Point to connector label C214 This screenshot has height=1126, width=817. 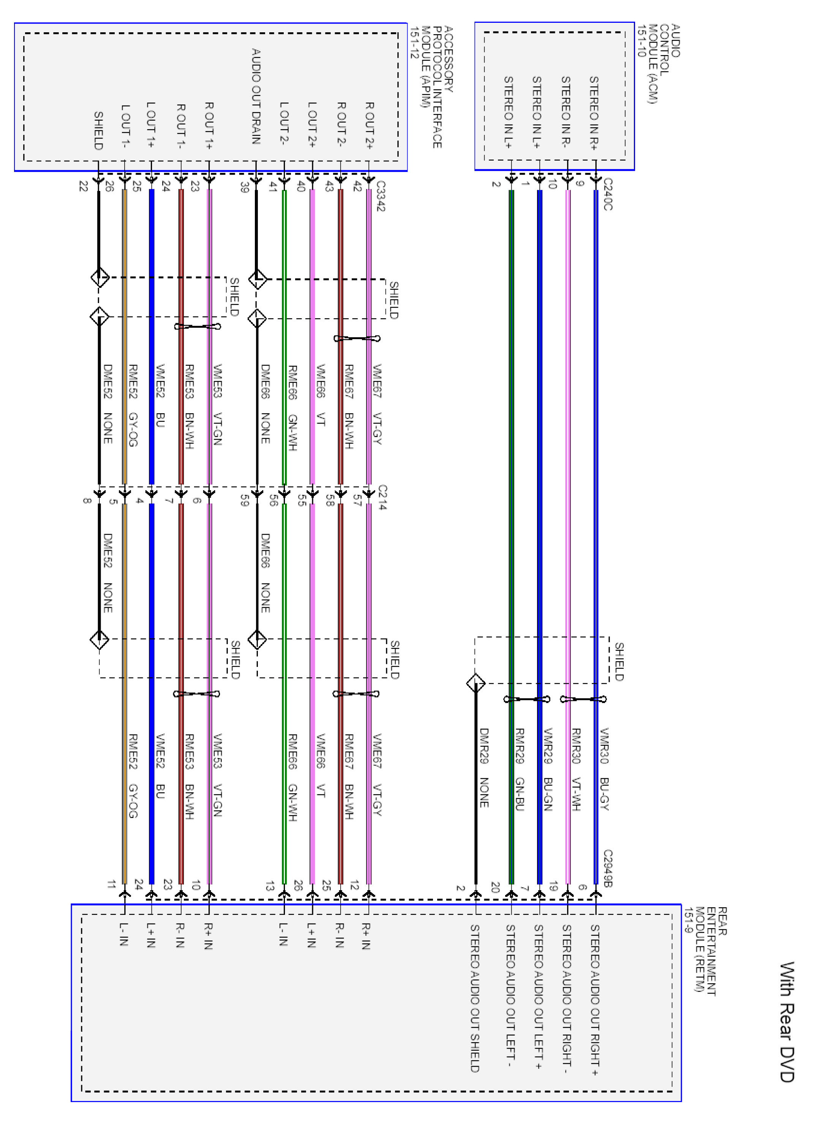click(382, 497)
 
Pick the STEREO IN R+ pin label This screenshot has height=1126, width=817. click(594, 113)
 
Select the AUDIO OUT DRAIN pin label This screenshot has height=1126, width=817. click(256, 96)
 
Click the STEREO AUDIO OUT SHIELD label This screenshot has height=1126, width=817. click(475, 998)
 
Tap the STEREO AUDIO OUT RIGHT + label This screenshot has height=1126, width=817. click(594, 1000)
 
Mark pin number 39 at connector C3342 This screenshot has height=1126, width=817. click(244, 187)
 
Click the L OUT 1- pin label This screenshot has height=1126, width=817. click(126, 126)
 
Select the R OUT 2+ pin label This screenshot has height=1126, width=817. click(370, 126)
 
